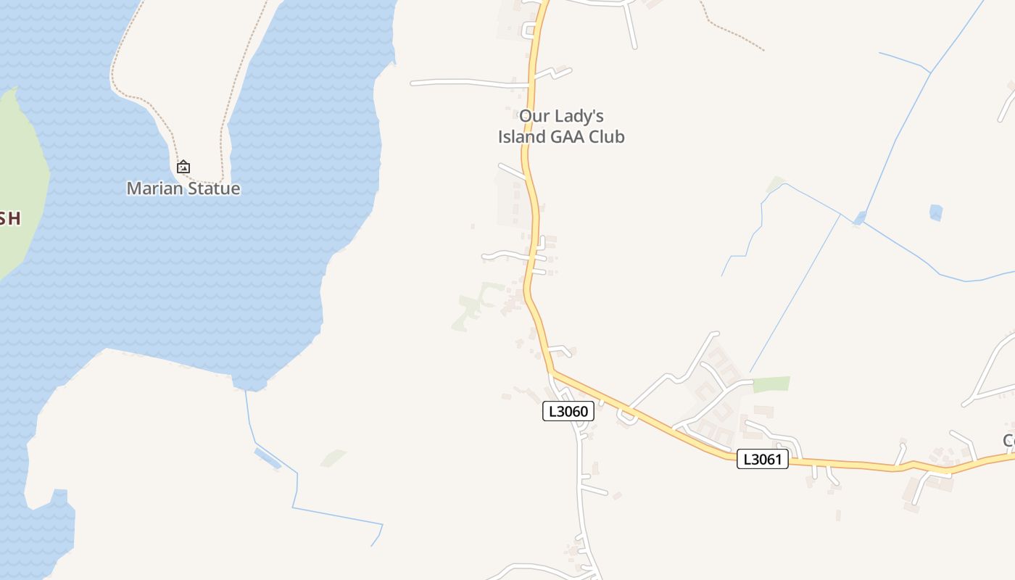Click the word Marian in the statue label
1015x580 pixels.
(154, 188)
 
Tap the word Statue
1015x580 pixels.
(212, 188)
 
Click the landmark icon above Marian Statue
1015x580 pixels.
(183, 167)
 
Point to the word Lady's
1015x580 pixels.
(579, 116)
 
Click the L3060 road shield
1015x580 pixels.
(568, 412)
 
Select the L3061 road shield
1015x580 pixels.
(762, 459)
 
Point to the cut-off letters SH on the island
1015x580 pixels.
(9, 219)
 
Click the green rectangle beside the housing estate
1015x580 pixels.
(771, 384)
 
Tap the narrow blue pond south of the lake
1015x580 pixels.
(268, 457)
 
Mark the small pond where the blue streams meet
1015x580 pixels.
(860, 217)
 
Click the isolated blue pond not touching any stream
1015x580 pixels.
(936, 212)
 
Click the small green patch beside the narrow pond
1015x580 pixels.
(333, 457)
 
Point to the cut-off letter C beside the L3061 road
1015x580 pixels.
(1009, 440)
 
